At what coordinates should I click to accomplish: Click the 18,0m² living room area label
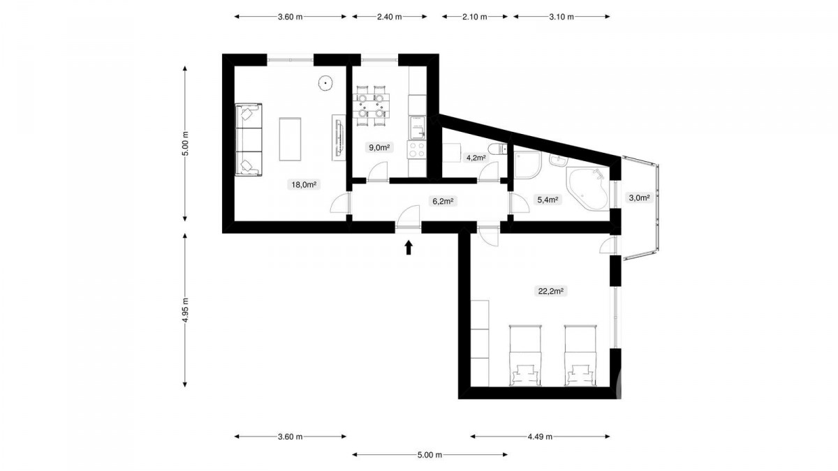click(304, 184)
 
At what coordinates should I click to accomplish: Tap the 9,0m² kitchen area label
click(379, 147)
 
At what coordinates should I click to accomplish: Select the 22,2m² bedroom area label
click(551, 291)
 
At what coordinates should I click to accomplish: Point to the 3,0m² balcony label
click(639, 197)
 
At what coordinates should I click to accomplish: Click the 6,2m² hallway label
click(443, 201)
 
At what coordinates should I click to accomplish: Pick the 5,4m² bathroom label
click(547, 200)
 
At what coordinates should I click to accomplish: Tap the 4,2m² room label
click(476, 158)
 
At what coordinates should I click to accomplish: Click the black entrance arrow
click(409, 248)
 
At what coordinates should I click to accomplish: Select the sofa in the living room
click(249, 140)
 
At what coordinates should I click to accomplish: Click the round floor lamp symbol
click(326, 82)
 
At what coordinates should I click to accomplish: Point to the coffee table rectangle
click(290, 139)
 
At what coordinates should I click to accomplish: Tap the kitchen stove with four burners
click(417, 149)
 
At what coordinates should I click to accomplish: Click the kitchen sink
click(417, 127)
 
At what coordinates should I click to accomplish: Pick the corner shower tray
click(527, 165)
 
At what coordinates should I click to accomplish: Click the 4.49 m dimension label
click(540, 437)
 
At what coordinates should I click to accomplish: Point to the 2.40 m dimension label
click(390, 17)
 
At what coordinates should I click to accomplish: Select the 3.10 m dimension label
click(561, 17)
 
